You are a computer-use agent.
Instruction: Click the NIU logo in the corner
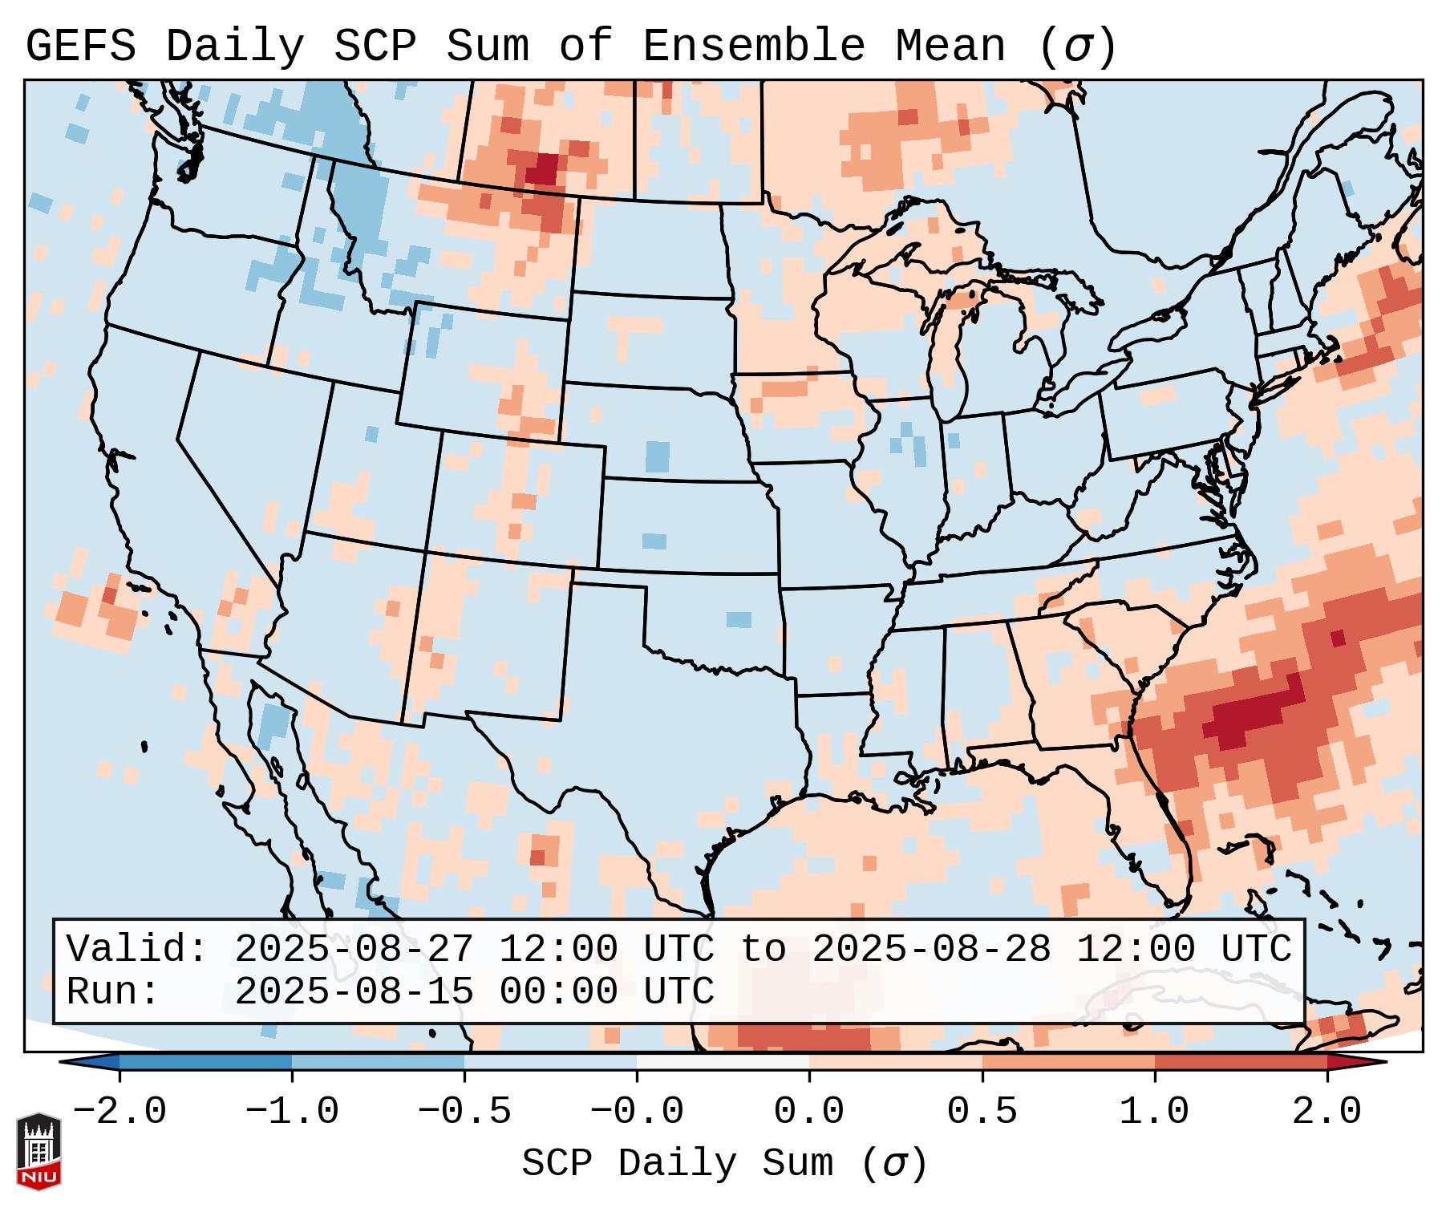click(38, 1150)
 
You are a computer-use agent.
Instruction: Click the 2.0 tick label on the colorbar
click(1327, 1112)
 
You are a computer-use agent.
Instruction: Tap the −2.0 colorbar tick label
click(119, 1112)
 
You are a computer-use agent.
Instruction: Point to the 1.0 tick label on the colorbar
click(1154, 1112)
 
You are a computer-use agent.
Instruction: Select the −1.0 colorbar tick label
click(292, 1112)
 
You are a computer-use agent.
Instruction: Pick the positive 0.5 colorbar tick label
click(982, 1112)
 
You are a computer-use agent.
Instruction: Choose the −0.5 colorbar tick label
click(464, 1112)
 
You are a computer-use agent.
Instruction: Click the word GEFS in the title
click(80, 47)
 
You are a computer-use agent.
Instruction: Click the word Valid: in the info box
click(137, 949)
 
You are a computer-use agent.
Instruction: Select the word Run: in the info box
click(113, 991)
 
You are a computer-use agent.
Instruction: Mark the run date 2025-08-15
click(354, 991)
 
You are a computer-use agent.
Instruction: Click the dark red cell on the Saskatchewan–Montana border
click(545, 169)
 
